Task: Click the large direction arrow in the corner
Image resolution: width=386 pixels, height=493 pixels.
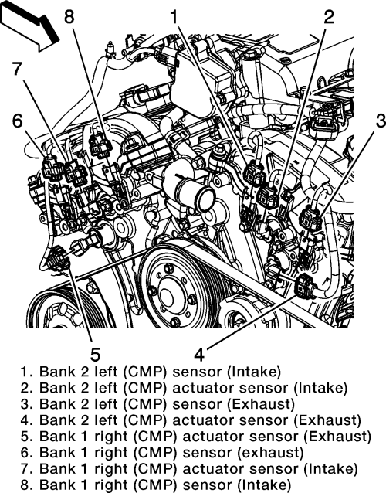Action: point(30,25)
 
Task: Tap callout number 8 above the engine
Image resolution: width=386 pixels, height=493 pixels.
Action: point(69,16)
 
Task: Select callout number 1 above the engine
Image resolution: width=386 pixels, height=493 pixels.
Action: point(174,16)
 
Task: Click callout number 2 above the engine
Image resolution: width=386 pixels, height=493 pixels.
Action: point(329,16)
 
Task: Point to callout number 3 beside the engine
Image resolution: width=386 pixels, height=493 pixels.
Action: point(381,121)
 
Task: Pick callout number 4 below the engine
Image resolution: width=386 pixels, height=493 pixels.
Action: point(199,354)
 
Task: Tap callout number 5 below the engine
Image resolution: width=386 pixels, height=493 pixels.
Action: point(95,354)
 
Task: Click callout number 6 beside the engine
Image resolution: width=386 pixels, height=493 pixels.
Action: point(18,121)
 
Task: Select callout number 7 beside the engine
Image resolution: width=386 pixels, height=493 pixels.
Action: point(18,69)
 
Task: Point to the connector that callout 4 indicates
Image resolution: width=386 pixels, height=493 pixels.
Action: point(304,285)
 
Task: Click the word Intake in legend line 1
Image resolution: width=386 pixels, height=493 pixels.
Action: point(253,372)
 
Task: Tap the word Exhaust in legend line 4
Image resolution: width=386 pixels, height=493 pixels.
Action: point(329,420)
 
